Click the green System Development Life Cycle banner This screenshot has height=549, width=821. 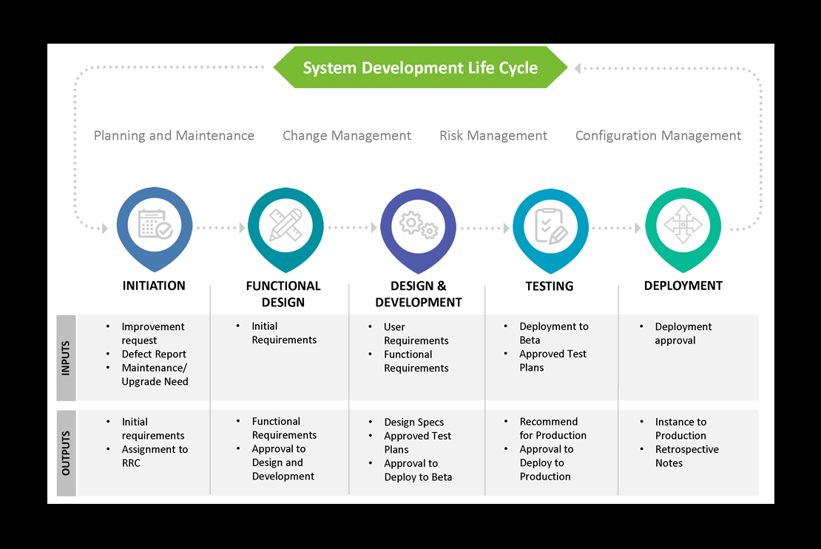(x=420, y=67)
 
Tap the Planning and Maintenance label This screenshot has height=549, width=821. (x=174, y=135)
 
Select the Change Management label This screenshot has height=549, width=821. (x=347, y=135)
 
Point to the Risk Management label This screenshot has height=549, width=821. (x=493, y=135)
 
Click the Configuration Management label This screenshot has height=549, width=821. (x=658, y=135)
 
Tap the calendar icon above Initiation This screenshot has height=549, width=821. (x=155, y=225)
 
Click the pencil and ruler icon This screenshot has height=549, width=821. (x=286, y=225)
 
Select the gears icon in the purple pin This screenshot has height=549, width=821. (x=419, y=225)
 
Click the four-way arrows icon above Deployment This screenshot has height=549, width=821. (x=683, y=225)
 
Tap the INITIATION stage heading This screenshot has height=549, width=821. (x=154, y=286)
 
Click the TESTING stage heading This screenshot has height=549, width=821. (x=550, y=286)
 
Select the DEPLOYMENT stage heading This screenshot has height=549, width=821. (x=683, y=286)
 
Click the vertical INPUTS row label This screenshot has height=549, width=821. (x=65, y=358)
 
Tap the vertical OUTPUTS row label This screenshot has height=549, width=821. (x=66, y=453)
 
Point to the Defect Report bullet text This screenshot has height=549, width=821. (x=154, y=354)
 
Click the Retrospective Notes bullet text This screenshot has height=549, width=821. (x=687, y=457)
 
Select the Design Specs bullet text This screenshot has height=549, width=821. (x=413, y=422)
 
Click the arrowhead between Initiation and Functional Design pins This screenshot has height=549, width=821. (x=243, y=228)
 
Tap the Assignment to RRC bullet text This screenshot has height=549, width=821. (x=155, y=457)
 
